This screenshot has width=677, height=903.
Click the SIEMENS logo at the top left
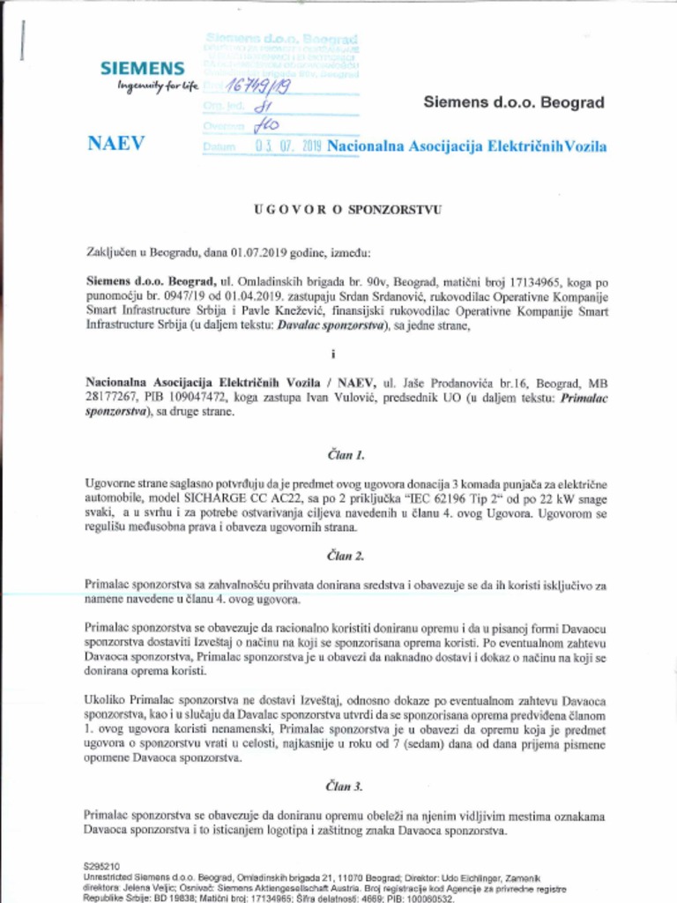142,68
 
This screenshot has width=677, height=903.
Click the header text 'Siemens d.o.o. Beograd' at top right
514,102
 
